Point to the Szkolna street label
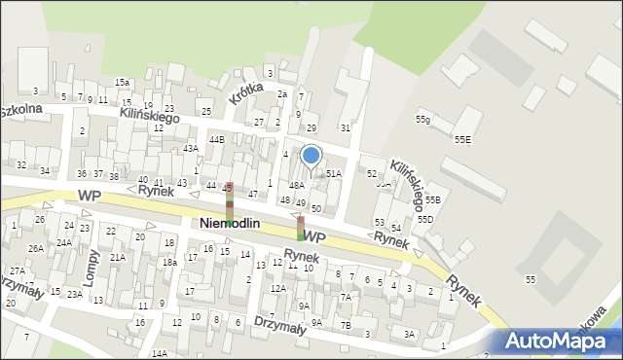19,109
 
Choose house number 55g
422,120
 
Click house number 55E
462,139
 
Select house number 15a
122,83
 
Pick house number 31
345,127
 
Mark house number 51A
334,173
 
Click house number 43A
191,148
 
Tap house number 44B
215,140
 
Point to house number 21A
117,257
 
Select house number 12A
277,288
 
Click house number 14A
160,354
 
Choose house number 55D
425,220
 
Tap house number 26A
35,248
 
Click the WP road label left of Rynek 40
89,196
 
